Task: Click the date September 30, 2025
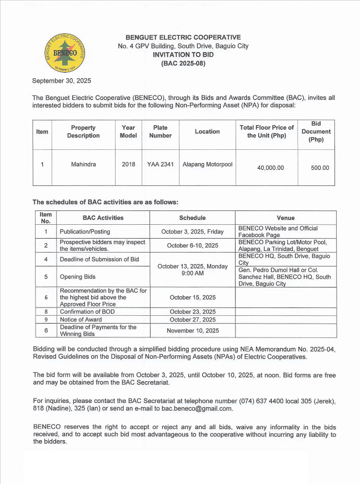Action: [62, 80]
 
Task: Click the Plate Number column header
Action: [160, 132]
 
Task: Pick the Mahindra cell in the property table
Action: [83, 164]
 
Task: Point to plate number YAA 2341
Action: [160, 164]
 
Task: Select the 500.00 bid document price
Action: [319, 168]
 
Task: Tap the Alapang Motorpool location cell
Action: [207, 164]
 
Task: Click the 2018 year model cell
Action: [128, 164]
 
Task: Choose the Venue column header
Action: [286, 218]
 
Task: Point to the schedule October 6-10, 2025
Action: [192, 245]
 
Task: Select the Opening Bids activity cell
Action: [78, 276]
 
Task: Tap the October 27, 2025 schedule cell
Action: [192, 320]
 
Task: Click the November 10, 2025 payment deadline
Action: [192, 331]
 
